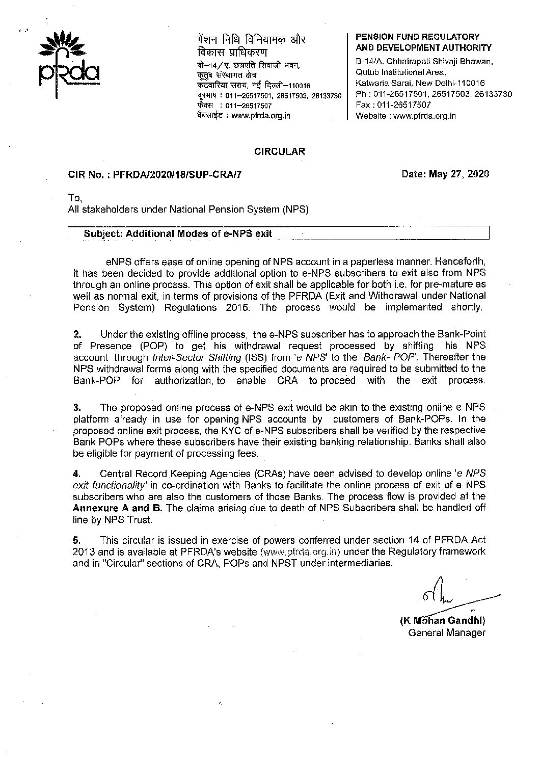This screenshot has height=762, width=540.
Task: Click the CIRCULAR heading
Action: tap(280, 151)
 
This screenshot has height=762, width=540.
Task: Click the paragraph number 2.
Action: tap(77, 335)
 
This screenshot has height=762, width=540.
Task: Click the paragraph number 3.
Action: tap(77, 408)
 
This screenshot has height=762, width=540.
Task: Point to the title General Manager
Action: tap(446, 633)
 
